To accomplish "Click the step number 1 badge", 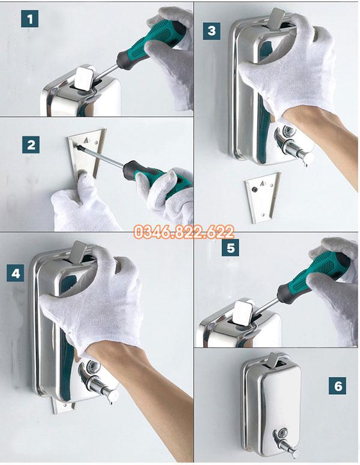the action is (x=29, y=19).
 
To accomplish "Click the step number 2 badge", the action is (x=31, y=145).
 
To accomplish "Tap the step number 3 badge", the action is (x=211, y=31).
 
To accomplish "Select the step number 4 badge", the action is (x=16, y=273).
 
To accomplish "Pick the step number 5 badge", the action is (x=230, y=247).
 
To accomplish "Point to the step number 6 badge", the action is (x=337, y=386).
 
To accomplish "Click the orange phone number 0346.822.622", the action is (x=184, y=232).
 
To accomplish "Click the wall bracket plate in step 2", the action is (x=86, y=154).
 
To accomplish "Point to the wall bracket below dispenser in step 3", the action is (x=263, y=197).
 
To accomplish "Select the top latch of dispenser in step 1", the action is (x=84, y=78).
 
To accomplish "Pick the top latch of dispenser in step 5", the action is (x=242, y=312).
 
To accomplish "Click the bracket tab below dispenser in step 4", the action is (x=62, y=406).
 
